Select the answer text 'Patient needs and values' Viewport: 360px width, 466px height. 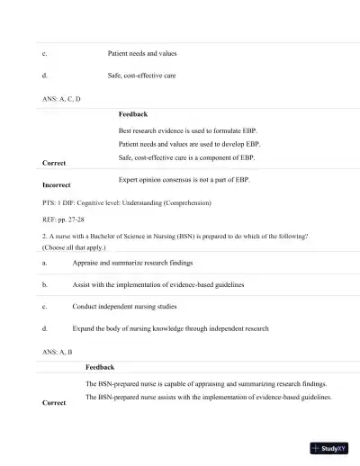(x=148, y=54)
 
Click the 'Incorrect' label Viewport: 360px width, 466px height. (x=57, y=184)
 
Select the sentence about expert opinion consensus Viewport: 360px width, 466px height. (x=184, y=180)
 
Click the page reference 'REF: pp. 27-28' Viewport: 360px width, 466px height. (x=57, y=220)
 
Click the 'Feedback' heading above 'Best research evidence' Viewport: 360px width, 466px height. (x=133, y=114)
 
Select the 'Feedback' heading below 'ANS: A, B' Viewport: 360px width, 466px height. (x=100, y=367)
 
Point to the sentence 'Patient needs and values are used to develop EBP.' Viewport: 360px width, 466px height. (x=189, y=144)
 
